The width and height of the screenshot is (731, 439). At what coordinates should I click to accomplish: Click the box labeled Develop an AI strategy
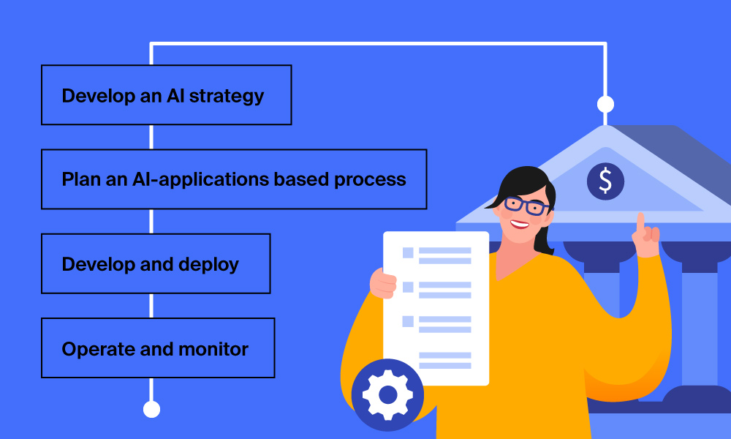167,95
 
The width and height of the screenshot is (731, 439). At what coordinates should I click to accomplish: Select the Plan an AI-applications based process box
234,179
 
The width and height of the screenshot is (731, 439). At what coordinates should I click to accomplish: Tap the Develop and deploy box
156,263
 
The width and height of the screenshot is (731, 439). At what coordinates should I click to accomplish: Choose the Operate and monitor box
158,348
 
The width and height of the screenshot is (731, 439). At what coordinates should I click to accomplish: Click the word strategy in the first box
227,97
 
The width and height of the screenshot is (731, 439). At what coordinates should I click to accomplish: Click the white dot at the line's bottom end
151,409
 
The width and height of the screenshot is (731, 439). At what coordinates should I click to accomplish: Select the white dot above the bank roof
605,104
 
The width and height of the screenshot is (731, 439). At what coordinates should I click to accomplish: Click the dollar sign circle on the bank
605,181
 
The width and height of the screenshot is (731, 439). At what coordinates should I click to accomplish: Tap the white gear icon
388,395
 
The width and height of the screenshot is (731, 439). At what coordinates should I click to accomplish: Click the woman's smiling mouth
519,224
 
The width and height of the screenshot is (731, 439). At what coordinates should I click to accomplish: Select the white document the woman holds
436,308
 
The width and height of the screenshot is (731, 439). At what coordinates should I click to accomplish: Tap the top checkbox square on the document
408,252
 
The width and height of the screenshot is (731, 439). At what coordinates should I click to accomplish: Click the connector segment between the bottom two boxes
151,306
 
